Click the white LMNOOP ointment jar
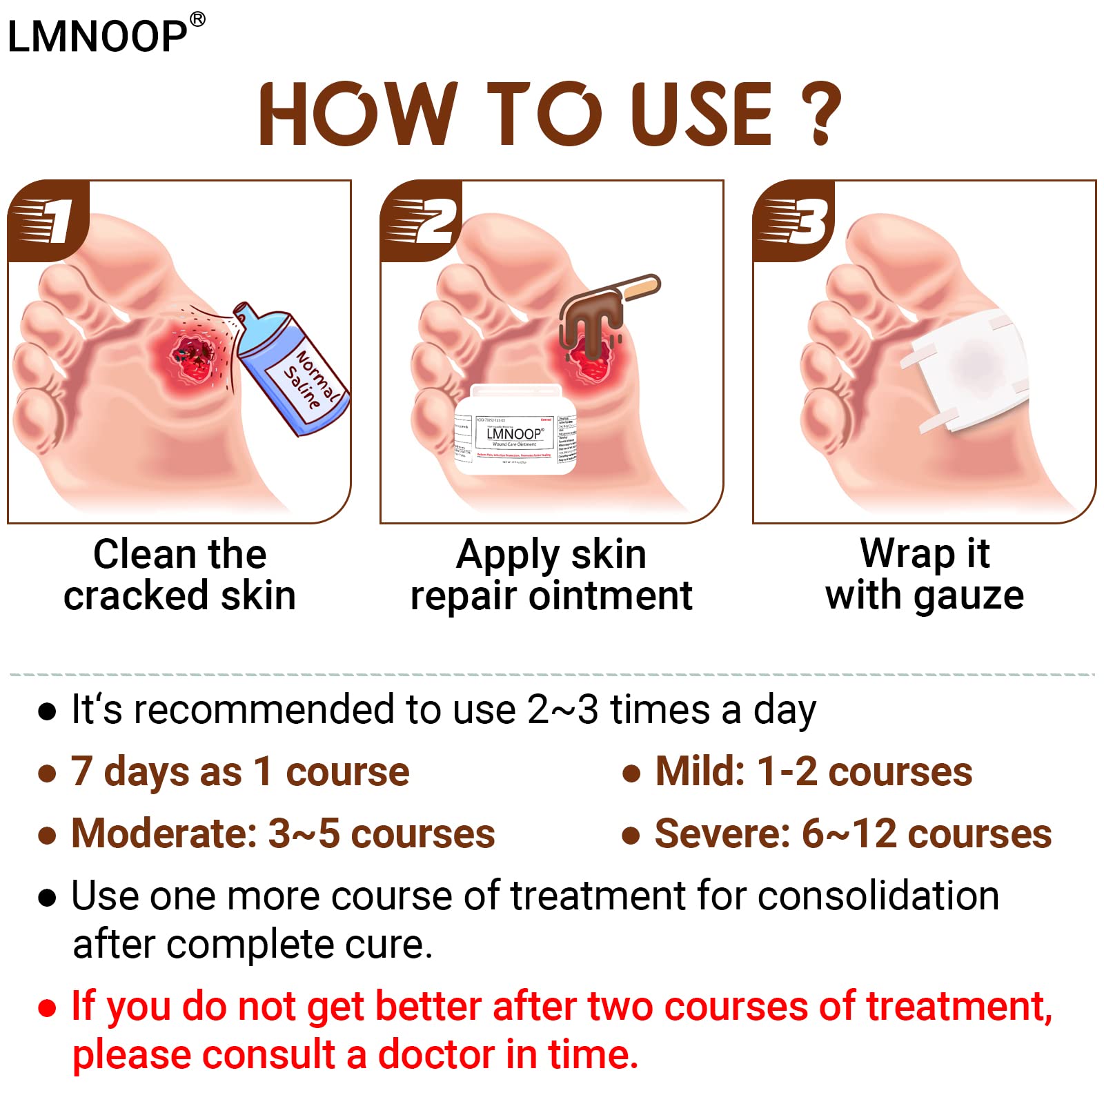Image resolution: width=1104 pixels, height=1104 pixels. tap(515, 431)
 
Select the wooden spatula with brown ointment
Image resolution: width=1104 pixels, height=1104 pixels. tap(607, 304)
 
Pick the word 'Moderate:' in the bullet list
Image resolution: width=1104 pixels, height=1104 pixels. tap(164, 834)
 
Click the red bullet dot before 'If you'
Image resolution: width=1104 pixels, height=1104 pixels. tap(47, 1008)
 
